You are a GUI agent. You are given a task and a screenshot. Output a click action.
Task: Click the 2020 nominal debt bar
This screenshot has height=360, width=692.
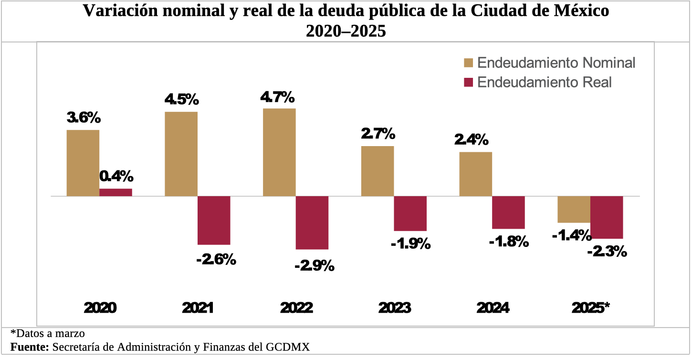[x=83, y=163]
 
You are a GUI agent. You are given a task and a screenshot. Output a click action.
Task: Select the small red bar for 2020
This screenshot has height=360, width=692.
[x=115, y=192]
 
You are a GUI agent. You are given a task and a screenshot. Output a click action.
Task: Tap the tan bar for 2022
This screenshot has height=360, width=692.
[x=279, y=152]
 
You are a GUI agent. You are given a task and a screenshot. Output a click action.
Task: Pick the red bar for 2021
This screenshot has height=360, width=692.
[x=214, y=220]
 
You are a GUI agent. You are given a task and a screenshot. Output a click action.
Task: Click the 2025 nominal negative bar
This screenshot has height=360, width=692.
[x=574, y=209]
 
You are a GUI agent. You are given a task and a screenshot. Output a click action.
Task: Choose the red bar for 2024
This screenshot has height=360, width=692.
[x=508, y=212]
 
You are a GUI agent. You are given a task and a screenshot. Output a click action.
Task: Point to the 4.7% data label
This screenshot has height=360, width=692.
[x=277, y=97]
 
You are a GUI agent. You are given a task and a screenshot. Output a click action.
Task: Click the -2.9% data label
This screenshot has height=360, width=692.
[x=314, y=265]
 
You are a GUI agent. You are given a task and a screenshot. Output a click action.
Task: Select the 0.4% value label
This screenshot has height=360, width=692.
[x=116, y=177]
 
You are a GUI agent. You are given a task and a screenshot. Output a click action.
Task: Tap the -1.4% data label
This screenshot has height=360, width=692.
[x=571, y=235]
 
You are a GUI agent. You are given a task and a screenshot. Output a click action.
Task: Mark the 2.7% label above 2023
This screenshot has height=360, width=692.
[x=378, y=134]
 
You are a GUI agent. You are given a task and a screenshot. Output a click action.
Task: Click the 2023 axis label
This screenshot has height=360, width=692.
[x=394, y=308]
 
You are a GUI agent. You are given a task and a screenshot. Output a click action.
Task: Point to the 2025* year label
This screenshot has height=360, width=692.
[x=591, y=308]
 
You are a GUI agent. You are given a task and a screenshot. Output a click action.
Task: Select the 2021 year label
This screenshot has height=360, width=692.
[x=198, y=308]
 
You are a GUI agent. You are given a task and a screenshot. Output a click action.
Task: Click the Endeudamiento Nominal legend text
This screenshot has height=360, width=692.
[x=556, y=63]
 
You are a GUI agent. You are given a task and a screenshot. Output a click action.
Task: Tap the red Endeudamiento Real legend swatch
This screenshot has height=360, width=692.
[x=468, y=83]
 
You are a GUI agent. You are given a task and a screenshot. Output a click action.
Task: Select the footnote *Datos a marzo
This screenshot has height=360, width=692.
[x=48, y=333]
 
